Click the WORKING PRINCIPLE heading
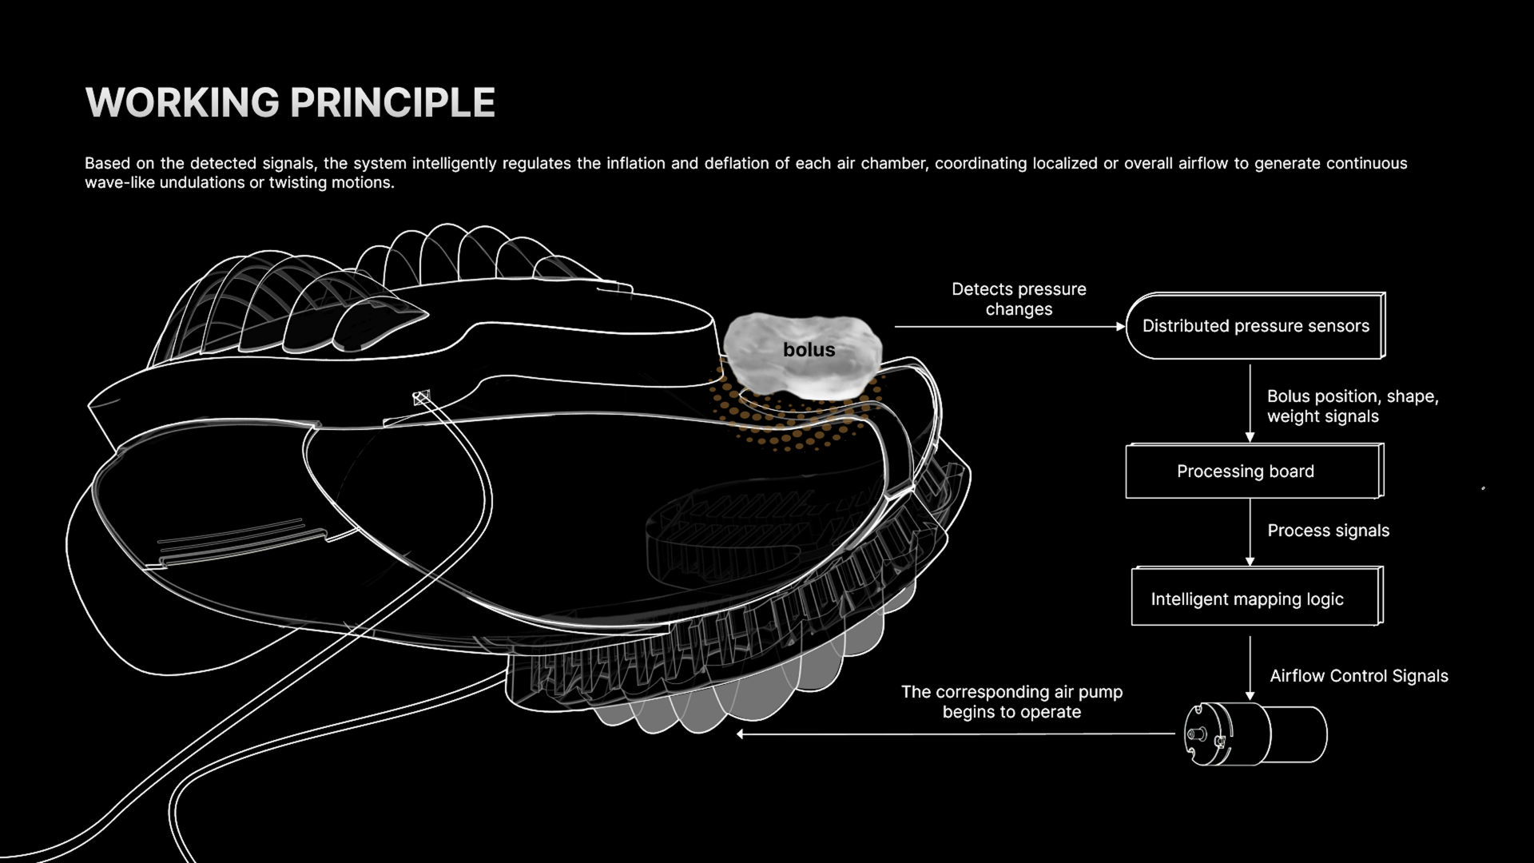coord(290,102)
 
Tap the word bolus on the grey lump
coord(809,350)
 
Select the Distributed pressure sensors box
coord(1255,326)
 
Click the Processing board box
coord(1253,471)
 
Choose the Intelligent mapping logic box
coord(1256,599)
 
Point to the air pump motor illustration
coord(1254,734)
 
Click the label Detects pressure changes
coord(1019,299)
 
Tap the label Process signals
coord(1328,531)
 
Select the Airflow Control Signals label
coord(1358,676)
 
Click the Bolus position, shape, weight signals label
coord(1352,406)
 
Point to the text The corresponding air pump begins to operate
coord(1011,702)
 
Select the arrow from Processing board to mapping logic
coord(1250,531)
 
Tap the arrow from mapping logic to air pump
coord(1250,668)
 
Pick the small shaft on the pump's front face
coord(1194,734)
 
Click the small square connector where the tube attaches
coord(421,396)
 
